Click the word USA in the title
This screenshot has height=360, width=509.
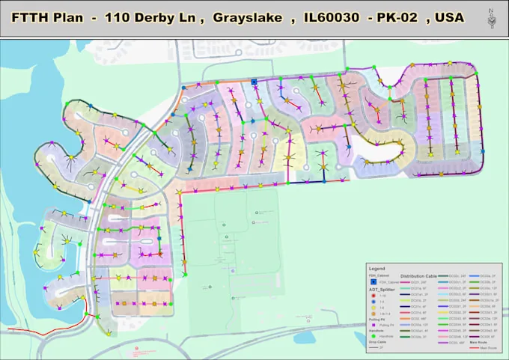point(447,17)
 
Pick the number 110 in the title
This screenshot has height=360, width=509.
point(121,17)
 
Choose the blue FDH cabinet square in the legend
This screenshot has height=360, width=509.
point(373,282)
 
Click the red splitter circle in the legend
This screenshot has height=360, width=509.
point(373,295)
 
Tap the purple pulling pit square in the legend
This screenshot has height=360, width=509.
point(373,326)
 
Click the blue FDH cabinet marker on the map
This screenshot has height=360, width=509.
point(254,81)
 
